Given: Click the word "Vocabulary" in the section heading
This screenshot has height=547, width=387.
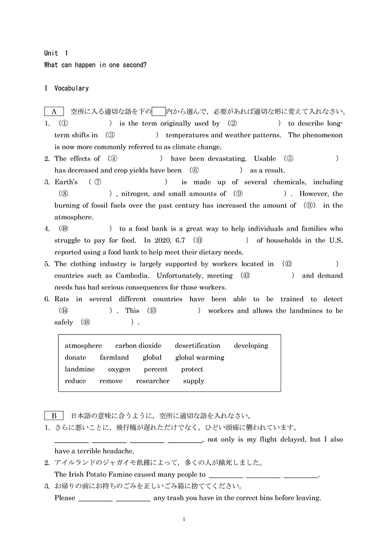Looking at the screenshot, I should point(72,89).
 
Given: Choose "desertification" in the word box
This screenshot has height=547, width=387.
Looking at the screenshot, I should point(197,346).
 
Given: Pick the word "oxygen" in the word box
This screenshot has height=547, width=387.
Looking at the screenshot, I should point(119,369).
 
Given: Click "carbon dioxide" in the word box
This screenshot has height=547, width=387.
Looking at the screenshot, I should point(138,346).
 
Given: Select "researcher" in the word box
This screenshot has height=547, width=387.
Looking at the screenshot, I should point(153,381).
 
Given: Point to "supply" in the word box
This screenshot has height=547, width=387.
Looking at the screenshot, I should point(193,381).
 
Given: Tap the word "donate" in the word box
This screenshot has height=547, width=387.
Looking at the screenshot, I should point(75,357).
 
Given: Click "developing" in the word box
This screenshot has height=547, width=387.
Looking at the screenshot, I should point(251,346).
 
